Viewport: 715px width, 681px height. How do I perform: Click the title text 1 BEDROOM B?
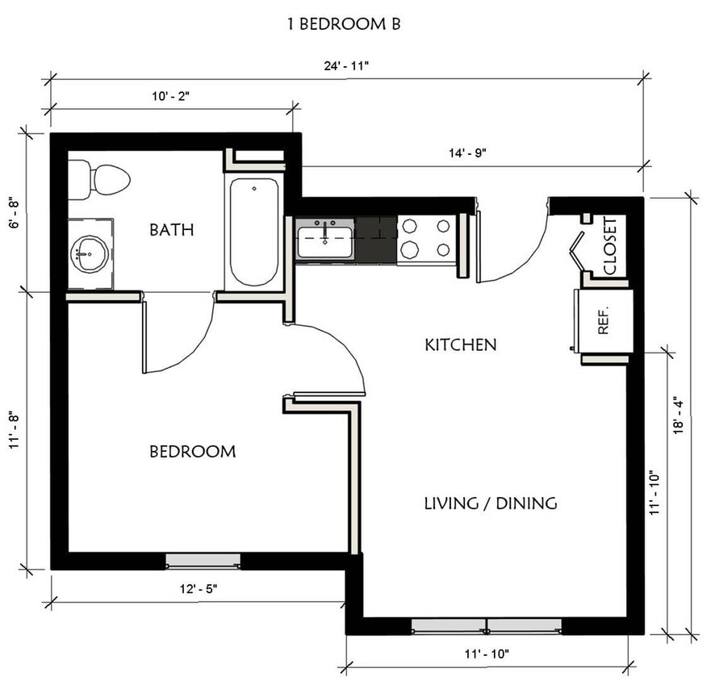(x=344, y=24)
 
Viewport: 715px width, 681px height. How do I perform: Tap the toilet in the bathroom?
(x=100, y=179)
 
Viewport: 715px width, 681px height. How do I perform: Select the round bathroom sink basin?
(x=89, y=254)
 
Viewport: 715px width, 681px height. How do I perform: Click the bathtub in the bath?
(x=254, y=232)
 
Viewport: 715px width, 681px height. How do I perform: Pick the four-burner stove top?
(x=425, y=238)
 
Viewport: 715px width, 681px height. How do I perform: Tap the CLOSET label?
(x=610, y=245)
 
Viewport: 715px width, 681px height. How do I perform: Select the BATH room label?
(x=171, y=230)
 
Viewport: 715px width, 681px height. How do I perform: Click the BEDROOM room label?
(x=192, y=452)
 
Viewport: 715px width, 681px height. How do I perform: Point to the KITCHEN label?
(x=460, y=345)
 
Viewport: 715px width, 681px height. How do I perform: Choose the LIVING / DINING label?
(x=490, y=503)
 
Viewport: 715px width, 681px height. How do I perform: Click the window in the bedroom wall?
(x=203, y=561)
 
